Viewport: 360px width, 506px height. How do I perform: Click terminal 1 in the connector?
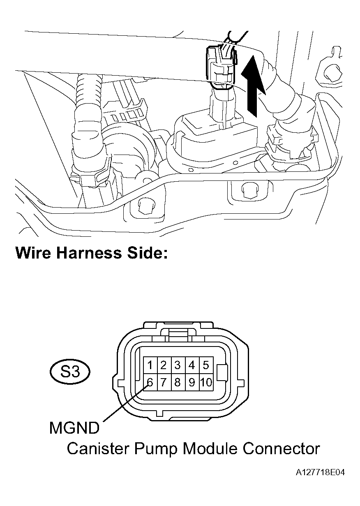pyautogui.click(x=150, y=365)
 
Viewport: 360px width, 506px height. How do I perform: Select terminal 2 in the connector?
pyautogui.click(x=164, y=365)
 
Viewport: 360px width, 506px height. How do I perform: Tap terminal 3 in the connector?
pyautogui.click(x=178, y=365)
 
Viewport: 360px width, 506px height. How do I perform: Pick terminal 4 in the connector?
pyautogui.click(x=192, y=365)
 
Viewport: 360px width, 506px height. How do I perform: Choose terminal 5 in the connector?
pyautogui.click(x=205, y=365)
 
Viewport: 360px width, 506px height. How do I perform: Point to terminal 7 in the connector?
pyautogui.click(x=164, y=383)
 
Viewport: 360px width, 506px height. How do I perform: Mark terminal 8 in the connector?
pyautogui.click(x=178, y=383)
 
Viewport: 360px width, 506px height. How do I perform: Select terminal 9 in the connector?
pyautogui.click(x=192, y=383)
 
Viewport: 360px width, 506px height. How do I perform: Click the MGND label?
pyautogui.click(x=74, y=428)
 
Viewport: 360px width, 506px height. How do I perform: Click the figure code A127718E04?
pyautogui.click(x=320, y=473)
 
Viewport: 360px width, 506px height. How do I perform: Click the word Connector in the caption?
pyautogui.click(x=281, y=448)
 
